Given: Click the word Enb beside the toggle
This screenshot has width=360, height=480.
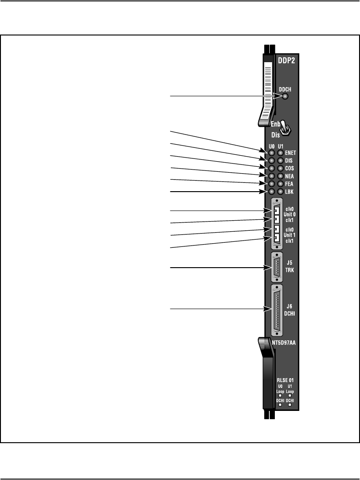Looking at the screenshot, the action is coord(275,124).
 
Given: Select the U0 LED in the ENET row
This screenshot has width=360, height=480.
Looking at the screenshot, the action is coord(272,152).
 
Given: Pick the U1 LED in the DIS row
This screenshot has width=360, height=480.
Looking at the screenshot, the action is coord(280,160).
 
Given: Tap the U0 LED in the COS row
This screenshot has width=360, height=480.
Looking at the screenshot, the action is coord(272,168).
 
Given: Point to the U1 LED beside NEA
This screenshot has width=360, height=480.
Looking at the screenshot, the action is coord(280,176).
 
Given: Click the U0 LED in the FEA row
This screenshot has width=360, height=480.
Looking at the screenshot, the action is coord(272,183).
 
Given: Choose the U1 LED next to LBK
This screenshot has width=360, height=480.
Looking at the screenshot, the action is coord(280,191).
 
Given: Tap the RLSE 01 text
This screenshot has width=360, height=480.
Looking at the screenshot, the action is coord(285,380).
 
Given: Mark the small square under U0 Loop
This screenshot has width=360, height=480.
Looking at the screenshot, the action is coord(280,395).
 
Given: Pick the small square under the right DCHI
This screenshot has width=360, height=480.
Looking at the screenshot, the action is coord(290,405).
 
